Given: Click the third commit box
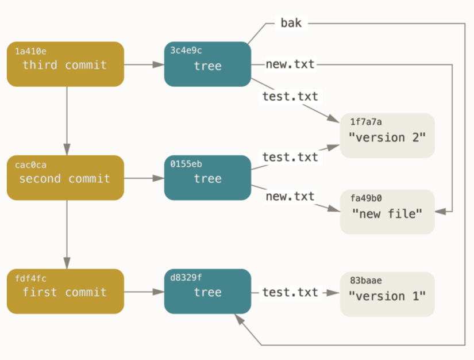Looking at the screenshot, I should [x=65, y=64].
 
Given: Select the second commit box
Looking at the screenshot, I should [x=65, y=178].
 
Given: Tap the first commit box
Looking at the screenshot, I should [x=65, y=292].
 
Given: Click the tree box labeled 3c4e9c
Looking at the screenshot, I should [x=207, y=64].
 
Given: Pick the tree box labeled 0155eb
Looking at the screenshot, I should [x=207, y=178].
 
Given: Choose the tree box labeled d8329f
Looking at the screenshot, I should [x=207, y=292].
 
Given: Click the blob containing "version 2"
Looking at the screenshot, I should [x=387, y=136].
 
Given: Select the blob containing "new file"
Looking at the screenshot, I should [x=387, y=212].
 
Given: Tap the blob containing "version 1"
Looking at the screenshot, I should [x=387, y=294].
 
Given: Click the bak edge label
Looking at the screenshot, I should [x=291, y=24].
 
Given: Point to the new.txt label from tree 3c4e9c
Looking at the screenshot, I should [x=290, y=64].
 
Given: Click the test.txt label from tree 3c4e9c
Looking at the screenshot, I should [x=290, y=96].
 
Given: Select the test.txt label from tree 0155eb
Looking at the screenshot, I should [x=290, y=156].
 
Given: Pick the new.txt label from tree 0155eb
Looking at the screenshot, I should [x=290, y=197].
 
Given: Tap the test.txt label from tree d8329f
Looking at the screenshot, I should [x=290, y=292].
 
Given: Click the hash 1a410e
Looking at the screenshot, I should [x=31, y=52].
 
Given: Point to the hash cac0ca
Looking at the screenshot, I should [x=31, y=166].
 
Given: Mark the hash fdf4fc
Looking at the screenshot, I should [x=31, y=279].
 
